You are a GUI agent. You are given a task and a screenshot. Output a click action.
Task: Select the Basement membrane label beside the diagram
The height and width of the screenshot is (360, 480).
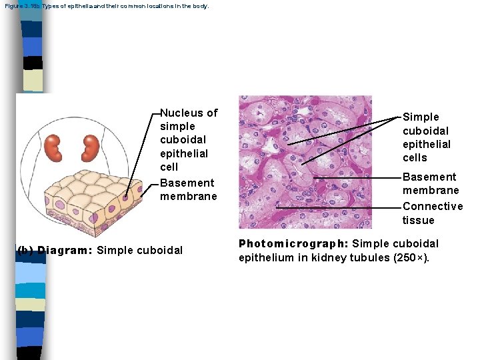point(188,189)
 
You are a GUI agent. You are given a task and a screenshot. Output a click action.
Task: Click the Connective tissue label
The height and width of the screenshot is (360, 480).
point(432,213)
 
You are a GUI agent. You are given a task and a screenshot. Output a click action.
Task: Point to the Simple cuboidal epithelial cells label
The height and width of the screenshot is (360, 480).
point(427,137)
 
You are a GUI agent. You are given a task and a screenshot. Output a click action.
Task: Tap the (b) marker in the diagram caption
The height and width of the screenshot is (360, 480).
point(25,251)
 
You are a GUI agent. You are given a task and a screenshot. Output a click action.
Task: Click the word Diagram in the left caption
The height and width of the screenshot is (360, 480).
point(65,251)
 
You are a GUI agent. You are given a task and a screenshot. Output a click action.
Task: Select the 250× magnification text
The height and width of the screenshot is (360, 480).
point(413,258)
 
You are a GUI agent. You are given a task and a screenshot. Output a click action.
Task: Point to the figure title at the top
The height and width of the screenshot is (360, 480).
point(106,6)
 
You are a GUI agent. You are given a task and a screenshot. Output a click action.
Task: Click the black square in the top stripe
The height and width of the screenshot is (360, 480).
point(33,63)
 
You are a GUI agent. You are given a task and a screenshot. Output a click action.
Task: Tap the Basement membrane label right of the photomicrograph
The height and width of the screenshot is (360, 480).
point(430,183)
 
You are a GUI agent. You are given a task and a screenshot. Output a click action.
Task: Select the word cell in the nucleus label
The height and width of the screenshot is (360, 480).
point(169,167)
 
